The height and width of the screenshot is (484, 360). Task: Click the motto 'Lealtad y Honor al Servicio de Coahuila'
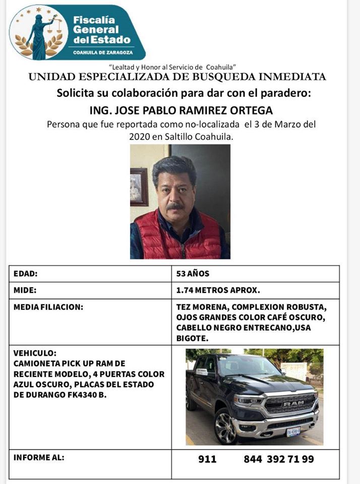tap(173, 67)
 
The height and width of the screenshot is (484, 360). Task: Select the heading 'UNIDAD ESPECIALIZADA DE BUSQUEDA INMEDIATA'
tap(177, 77)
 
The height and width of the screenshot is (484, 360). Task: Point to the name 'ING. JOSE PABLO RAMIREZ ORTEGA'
tap(180, 110)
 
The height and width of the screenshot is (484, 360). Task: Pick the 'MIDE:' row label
tap(25, 290)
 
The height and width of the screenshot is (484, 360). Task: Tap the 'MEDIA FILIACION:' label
tap(48, 307)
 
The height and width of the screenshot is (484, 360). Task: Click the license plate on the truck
tap(293, 432)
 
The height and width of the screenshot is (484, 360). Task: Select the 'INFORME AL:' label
tap(39, 458)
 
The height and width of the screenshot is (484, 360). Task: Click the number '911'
tap(207, 459)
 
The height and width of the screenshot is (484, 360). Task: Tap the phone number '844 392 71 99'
tap(279, 459)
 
